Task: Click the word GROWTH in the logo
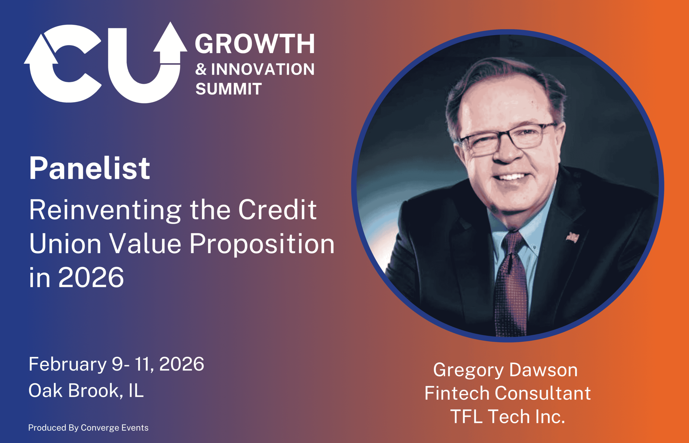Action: [x=255, y=44]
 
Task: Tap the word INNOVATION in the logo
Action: [x=263, y=69]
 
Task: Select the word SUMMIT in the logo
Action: [x=229, y=89]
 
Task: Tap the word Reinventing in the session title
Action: [x=105, y=210]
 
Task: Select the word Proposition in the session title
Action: [x=262, y=244]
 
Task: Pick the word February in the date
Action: [x=68, y=364]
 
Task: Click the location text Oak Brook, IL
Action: [x=86, y=391]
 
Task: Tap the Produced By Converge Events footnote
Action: [x=88, y=428]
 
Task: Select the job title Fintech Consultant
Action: [x=508, y=393]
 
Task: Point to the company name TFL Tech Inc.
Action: [x=508, y=417]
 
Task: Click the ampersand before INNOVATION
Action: [x=201, y=69]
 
